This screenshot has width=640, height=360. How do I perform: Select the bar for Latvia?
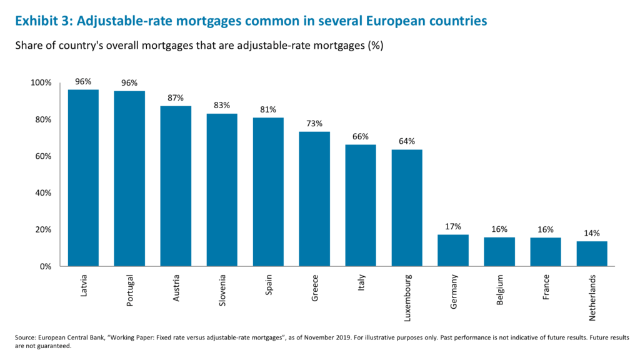[x=83, y=178]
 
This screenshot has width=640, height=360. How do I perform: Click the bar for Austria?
[x=176, y=186]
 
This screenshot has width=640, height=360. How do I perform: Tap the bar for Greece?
[x=314, y=199]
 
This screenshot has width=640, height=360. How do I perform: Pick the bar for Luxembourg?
[x=407, y=207]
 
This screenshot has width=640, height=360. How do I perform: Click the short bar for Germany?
[x=453, y=251]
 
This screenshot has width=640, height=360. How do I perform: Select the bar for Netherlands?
[x=592, y=254]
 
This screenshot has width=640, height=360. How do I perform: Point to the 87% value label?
[x=176, y=98]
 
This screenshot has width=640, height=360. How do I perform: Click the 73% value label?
[x=314, y=124]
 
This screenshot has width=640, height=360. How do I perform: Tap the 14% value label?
[x=592, y=233]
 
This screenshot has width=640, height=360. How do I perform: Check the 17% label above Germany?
[x=453, y=226]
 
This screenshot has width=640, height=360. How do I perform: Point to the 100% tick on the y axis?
[x=42, y=83]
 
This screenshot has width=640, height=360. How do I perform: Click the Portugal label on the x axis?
[x=130, y=290]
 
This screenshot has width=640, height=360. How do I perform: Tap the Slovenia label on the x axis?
[x=222, y=290]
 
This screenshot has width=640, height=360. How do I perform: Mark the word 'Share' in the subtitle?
[x=29, y=47]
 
